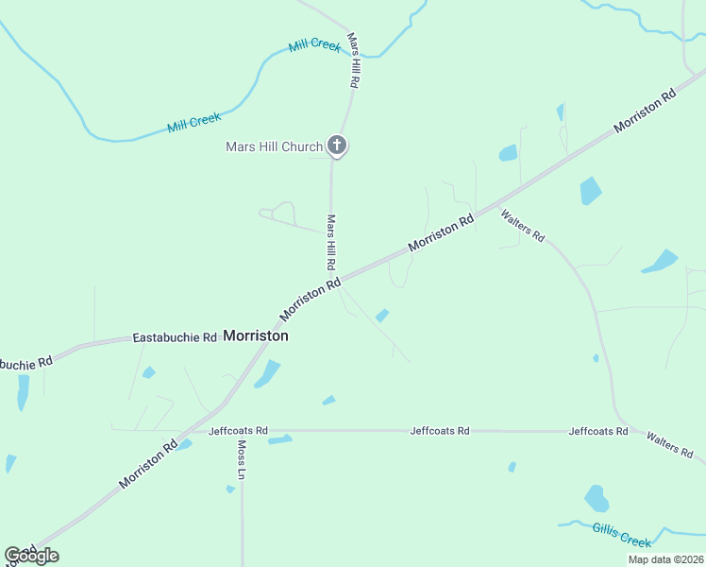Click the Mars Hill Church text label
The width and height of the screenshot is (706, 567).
coord(274,146)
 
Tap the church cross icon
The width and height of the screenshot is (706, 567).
coord(337,146)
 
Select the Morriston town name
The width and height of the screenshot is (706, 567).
coord(256,335)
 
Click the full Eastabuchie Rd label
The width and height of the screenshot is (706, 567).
coord(175,337)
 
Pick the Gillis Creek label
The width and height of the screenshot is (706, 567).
coord(622,535)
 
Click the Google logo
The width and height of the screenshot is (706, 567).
coord(31,556)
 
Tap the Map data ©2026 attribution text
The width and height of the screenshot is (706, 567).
coord(665,559)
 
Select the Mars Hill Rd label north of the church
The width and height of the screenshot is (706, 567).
coord(353,61)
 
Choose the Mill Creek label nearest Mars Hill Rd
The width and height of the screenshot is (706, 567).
coord(314,45)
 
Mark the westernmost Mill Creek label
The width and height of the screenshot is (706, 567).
coord(193,122)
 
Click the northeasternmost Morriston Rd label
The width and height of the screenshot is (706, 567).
coord(645,111)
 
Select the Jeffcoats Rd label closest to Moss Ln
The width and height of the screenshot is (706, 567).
coord(239,430)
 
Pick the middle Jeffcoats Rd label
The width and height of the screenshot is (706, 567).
coord(440,430)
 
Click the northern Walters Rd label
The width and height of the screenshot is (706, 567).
coord(522,226)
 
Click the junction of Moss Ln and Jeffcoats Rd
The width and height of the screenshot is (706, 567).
coord(242,431)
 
